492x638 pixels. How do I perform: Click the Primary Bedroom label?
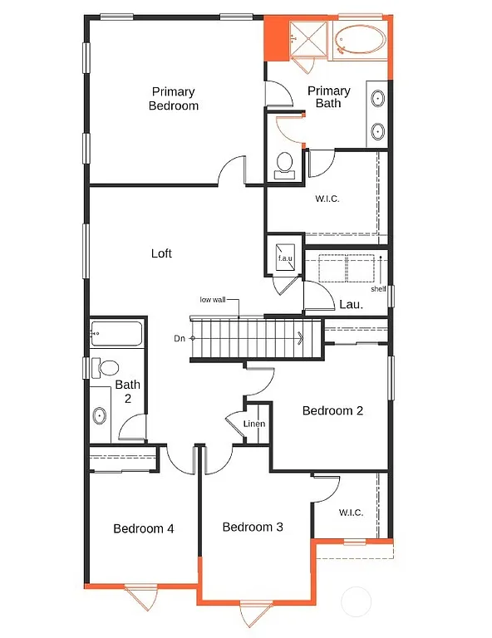click(173, 99)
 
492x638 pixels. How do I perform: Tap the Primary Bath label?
click(329, 97)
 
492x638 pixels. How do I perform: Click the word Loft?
click(161, 253)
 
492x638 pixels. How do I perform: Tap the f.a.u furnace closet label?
click(285, 258)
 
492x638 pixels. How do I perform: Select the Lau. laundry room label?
click(351, 305)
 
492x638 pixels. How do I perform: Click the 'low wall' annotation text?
click(212, 300)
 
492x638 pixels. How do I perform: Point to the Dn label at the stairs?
click(180, 338)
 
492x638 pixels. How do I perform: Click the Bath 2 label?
click(127, 391)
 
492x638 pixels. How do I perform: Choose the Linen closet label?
click(254, 425)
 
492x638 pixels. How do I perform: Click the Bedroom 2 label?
click(332, 410)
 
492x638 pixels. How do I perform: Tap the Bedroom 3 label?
click(253, 527)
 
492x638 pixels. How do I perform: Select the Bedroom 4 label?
click(144, 528)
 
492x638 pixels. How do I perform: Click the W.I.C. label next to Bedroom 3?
click(351, 513)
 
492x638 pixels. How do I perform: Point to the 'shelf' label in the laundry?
click(378, 289)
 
